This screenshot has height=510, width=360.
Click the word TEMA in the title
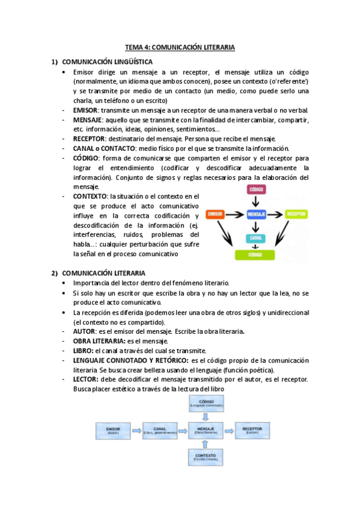coord(133,47)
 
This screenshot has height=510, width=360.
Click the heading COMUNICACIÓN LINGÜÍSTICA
coord(108,62)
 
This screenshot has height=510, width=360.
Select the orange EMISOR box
coord(215,214)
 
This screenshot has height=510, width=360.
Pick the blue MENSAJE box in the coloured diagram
coord(257,214)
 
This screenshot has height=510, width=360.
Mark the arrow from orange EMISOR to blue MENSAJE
coord(235,214)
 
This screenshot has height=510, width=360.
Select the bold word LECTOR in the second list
coord(86,379)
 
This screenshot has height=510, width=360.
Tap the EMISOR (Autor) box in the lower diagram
coord(114,431)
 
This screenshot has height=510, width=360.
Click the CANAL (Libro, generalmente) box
coord(160,431)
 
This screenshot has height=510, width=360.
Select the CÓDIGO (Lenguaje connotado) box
coord(206,403)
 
